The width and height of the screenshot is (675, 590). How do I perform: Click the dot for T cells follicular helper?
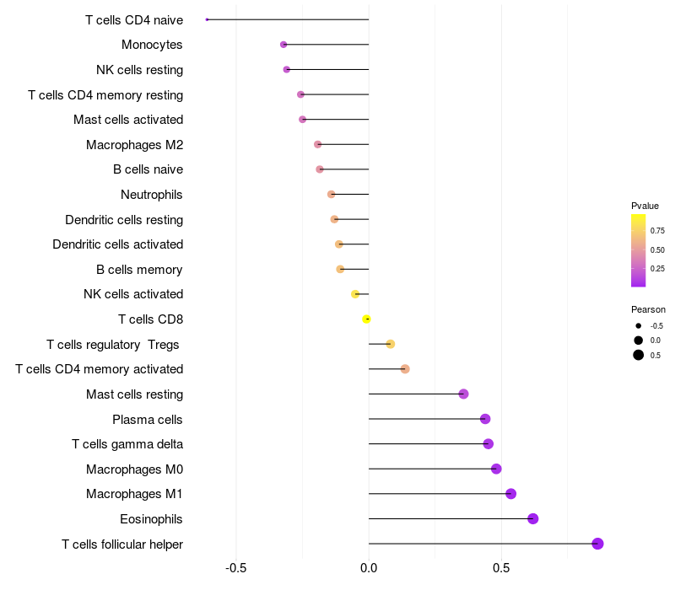(x=597, y=544)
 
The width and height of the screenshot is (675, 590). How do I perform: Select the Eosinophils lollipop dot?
(x=533, y=518)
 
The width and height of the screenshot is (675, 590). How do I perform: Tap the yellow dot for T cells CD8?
(x=366, y=319)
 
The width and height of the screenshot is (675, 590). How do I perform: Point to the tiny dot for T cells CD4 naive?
(x=207, y=19)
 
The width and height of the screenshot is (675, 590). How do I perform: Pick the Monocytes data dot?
(x=283, y=45)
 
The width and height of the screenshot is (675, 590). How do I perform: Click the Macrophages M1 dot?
(x=510, y=494)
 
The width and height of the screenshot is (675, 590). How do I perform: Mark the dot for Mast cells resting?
(x=463, y=394)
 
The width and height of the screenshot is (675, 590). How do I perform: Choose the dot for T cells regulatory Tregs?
(x=390, y=344)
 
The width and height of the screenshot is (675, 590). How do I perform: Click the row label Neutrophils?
(x=152, y=195)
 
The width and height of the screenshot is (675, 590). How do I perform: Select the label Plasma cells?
(x=148, y=419)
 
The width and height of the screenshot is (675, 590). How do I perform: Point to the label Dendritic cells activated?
(x=117, y=244)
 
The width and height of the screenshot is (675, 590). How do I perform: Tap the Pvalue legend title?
(x=645, y=206)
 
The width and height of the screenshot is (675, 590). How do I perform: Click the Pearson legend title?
(x=648, y=309)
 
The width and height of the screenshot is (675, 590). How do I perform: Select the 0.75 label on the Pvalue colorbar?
(x=657, y=230)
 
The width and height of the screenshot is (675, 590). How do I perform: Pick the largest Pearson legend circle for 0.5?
(x=639, y=355)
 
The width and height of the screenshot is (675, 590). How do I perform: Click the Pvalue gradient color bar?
(x=639, y=250)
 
